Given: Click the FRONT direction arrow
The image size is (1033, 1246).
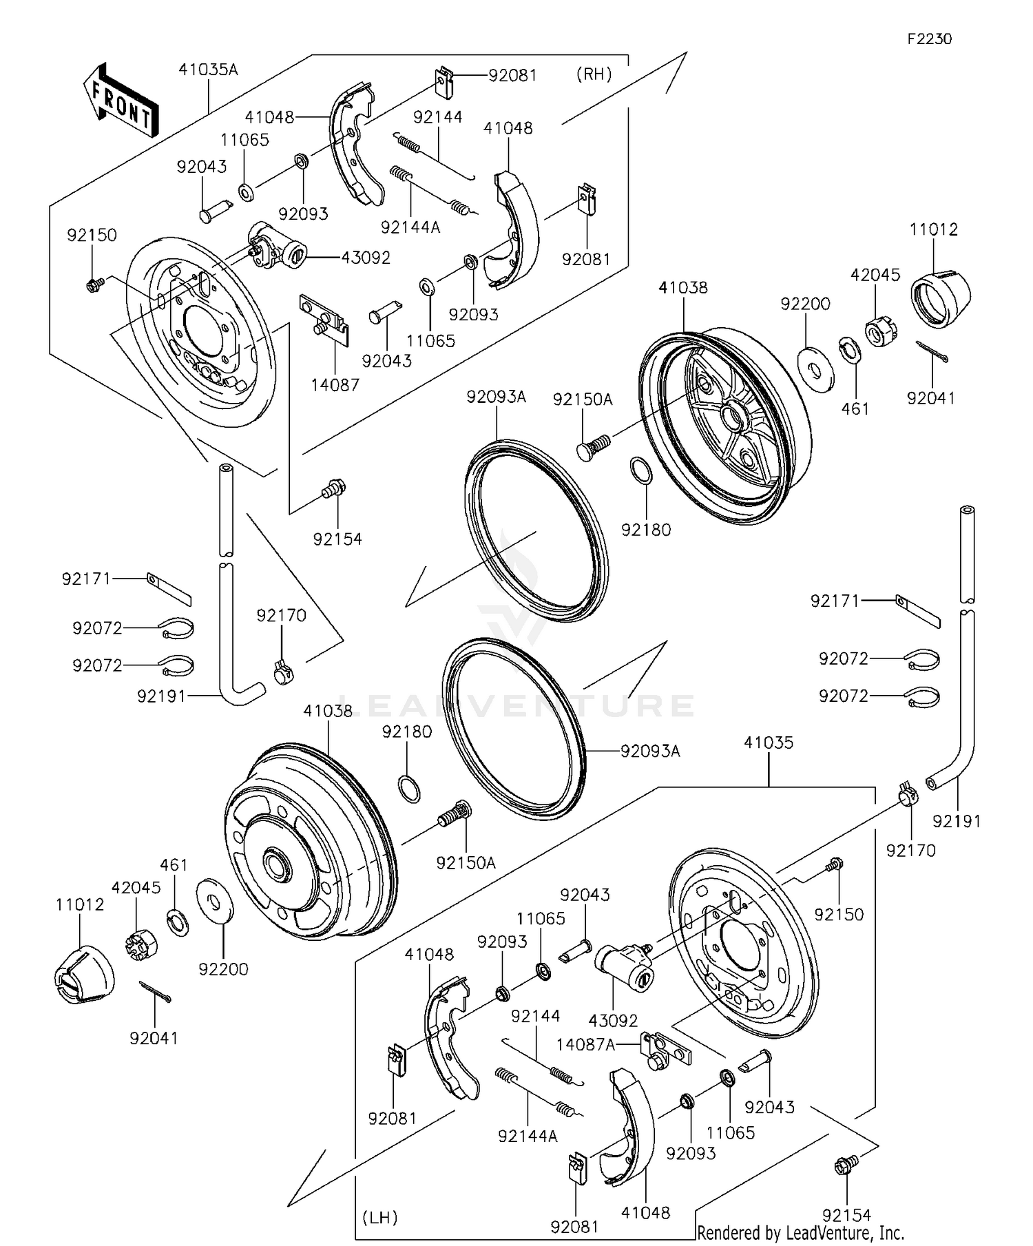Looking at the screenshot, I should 121,101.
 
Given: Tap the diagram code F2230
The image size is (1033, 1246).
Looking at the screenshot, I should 929,39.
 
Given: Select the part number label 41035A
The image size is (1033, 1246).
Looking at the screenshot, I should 208,69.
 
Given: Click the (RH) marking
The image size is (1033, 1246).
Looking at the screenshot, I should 594,74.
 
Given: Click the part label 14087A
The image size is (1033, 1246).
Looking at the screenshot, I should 586,1045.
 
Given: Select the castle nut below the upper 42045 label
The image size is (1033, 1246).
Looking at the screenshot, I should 881,332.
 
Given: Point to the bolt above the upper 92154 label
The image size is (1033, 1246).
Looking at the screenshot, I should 334,489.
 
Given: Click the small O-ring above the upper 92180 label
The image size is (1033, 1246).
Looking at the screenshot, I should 640,471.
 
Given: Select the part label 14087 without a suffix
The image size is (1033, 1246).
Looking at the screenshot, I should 335,384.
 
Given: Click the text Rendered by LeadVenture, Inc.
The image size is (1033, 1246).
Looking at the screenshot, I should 800,1232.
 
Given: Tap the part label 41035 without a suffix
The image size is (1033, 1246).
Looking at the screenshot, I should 769,743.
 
